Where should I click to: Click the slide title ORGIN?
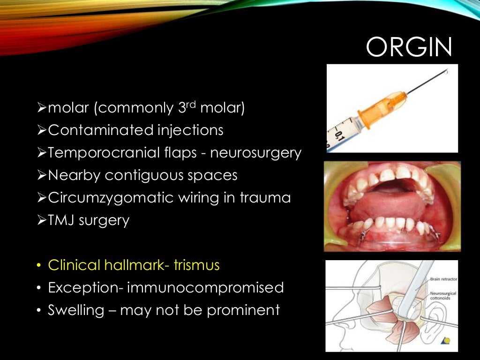[x=409, y=47]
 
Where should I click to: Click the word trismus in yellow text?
[x=196, y=265]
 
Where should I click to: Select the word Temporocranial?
[x=97, y=153]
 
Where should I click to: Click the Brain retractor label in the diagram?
[x=443, y=279]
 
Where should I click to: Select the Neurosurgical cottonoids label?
[x=443, y=294]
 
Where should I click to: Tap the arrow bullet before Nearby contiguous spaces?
[x=41, y=175]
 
